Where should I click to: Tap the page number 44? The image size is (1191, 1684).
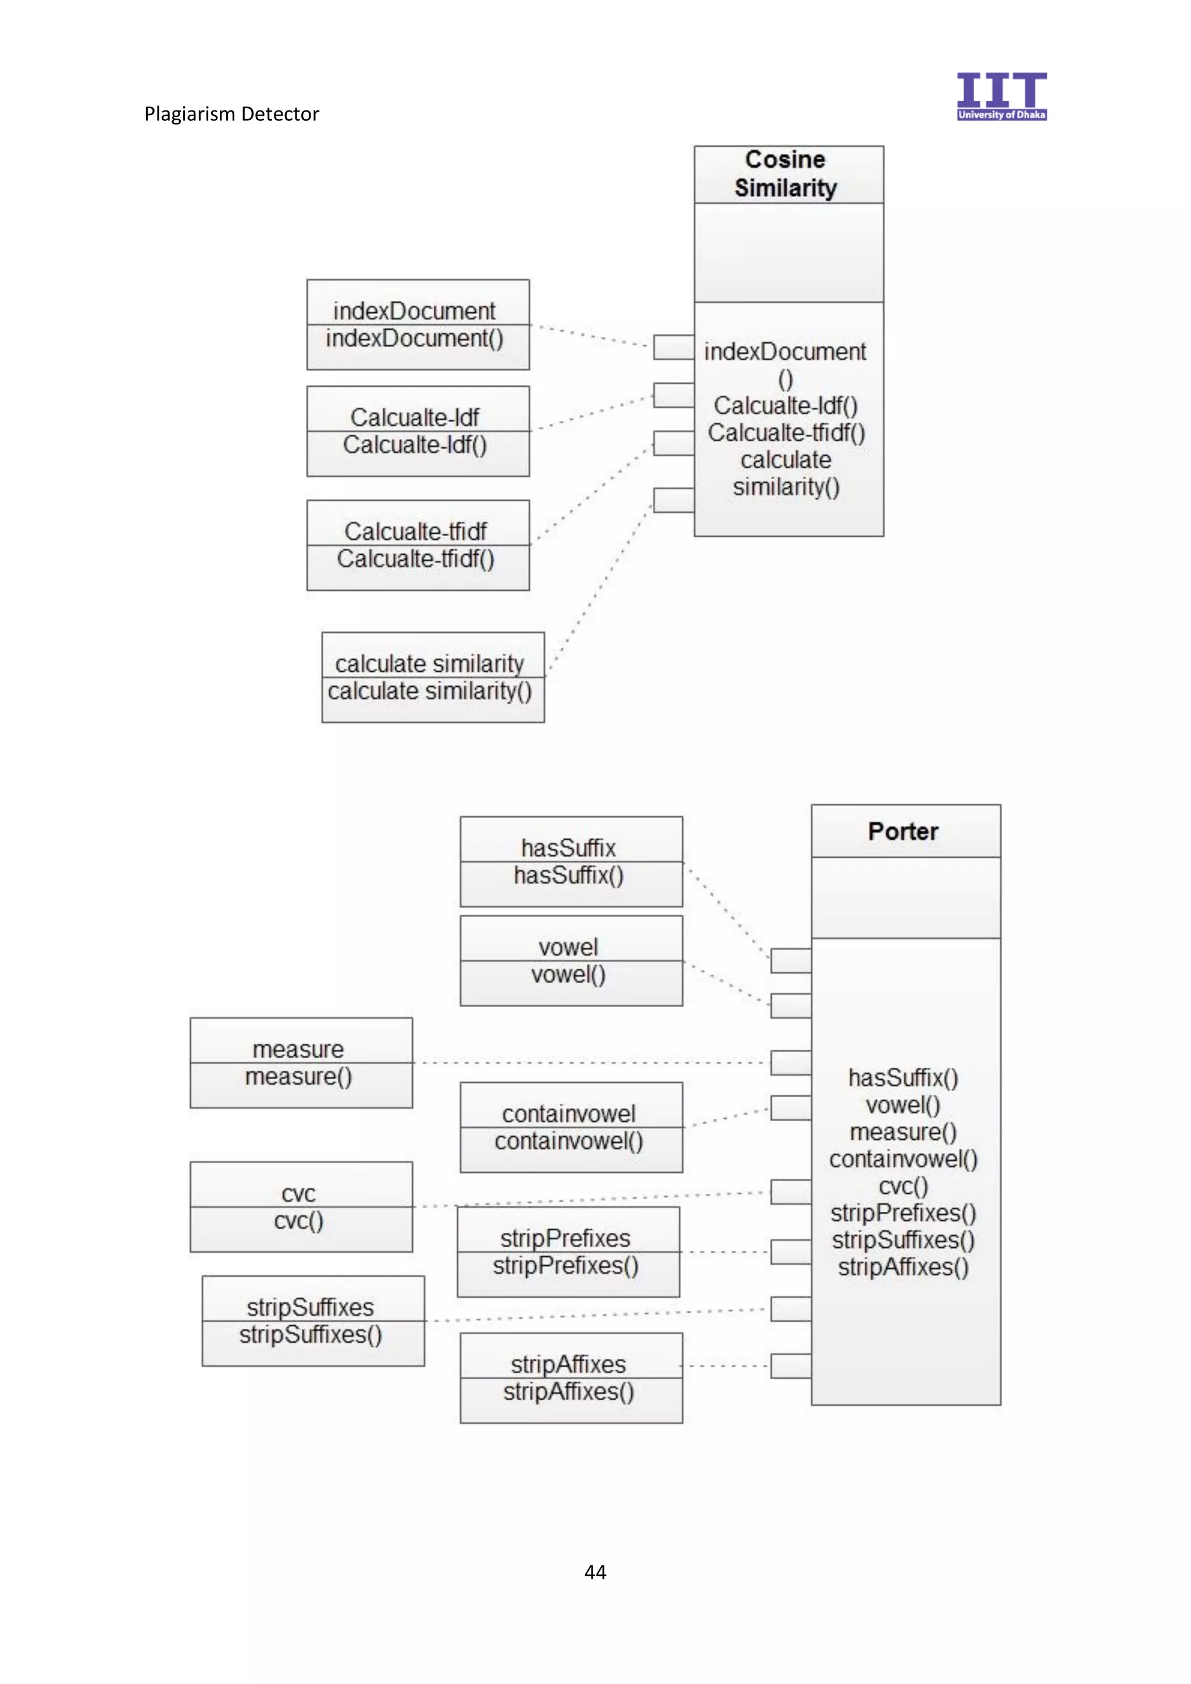point(595,1572)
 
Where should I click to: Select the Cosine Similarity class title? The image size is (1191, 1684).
point(786,174)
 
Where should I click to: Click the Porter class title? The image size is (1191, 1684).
point(903,831)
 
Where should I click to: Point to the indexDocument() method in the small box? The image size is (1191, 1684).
point(415,338)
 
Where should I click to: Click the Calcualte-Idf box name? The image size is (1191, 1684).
point(415,418)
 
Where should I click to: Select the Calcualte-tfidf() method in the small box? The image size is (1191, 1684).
point(415,559)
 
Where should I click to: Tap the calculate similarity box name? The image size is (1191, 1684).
point(429,663)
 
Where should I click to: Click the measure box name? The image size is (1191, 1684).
point(298,1050)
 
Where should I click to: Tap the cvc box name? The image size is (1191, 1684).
point(298,1194)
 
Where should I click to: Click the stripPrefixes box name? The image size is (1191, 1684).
point(565,1238)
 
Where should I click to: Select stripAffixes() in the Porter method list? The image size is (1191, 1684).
point(903,1266)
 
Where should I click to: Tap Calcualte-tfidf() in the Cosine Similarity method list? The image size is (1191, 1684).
point(786,433)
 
